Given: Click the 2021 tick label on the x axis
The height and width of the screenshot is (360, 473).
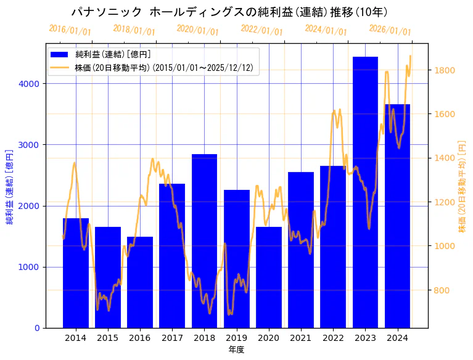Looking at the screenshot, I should coord(301,338).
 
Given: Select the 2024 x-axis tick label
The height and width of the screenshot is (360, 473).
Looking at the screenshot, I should coord(397,338).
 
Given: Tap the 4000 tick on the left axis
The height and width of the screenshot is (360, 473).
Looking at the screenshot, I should coord(30,84).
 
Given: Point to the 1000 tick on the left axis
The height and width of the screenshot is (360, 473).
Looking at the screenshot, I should coord(30,267).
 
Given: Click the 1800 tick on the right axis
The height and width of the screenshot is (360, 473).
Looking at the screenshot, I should coord(445,70).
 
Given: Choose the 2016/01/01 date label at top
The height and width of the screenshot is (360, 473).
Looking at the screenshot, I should coord(70,30).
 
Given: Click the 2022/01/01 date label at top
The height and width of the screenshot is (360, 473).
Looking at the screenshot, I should coord(262,30).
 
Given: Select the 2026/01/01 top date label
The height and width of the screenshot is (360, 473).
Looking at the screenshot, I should coord(390,30).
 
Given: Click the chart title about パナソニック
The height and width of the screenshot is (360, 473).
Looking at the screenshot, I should coord(229,12).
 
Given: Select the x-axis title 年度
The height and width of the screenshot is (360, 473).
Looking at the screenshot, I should coord(236,350).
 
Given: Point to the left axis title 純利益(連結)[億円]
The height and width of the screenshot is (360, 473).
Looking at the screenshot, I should coord(10,187).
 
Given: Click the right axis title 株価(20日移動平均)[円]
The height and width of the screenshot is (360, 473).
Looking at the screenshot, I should coord(462,187).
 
